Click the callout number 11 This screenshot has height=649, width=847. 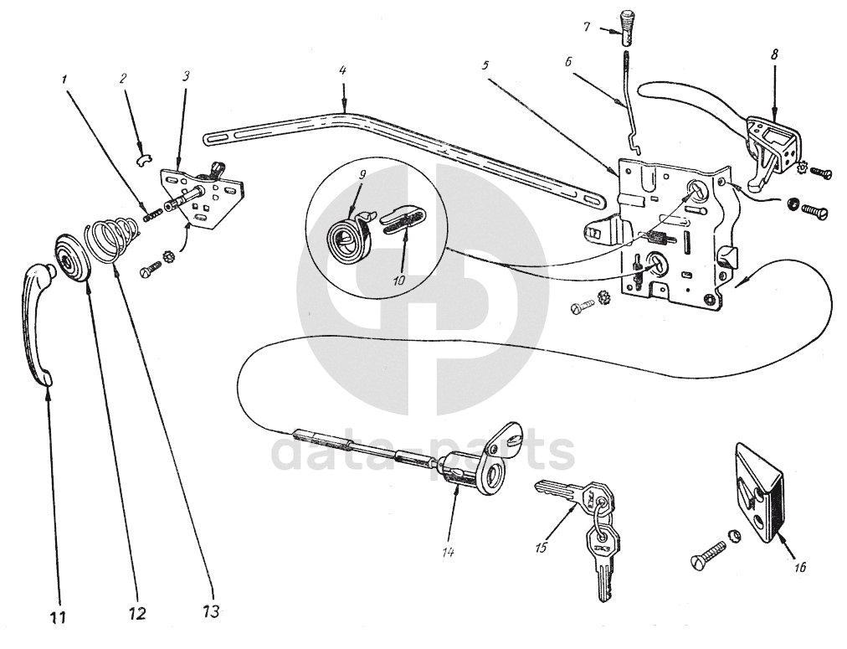coord(58,616)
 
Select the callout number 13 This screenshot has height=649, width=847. coord(211,611)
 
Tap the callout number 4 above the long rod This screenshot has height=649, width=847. coord(342,70)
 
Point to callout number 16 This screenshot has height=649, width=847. coord(800,567)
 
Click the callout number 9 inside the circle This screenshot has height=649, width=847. coord(362,174)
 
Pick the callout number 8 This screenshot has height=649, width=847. coord(775,54)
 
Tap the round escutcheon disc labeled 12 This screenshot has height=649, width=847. coord(73,258)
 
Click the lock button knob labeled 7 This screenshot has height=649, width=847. coord(626,28)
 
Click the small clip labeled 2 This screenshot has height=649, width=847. coord(143,161)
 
